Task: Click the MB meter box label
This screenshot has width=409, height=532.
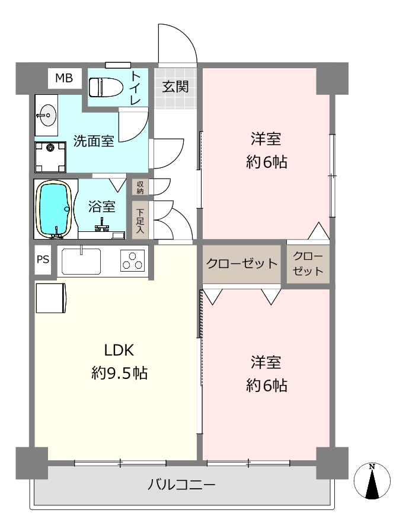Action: point(64,78)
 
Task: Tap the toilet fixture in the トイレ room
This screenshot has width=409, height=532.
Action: point(106,88)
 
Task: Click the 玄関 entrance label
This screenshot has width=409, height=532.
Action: point(175,87)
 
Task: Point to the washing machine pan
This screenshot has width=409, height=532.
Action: point(50,157)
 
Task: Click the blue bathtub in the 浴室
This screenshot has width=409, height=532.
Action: point(55,208)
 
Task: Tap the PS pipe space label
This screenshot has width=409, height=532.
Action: point(43,260)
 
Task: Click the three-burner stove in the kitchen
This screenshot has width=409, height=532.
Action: point(133,260)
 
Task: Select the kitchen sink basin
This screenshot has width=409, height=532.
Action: point(81,261)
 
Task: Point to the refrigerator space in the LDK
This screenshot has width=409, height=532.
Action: point(51,298)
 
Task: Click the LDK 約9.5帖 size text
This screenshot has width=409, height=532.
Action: point(119,373)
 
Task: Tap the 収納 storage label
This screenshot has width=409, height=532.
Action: point(140,187)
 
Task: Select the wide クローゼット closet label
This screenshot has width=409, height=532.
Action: point(242,263)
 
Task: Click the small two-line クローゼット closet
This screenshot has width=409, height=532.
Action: point(308,263)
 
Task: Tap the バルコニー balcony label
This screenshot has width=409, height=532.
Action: point(181,484)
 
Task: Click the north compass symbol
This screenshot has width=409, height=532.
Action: point(372,480)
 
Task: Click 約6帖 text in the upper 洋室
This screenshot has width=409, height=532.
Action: point(267,162)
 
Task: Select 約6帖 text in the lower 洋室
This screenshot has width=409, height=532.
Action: point(267,386)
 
